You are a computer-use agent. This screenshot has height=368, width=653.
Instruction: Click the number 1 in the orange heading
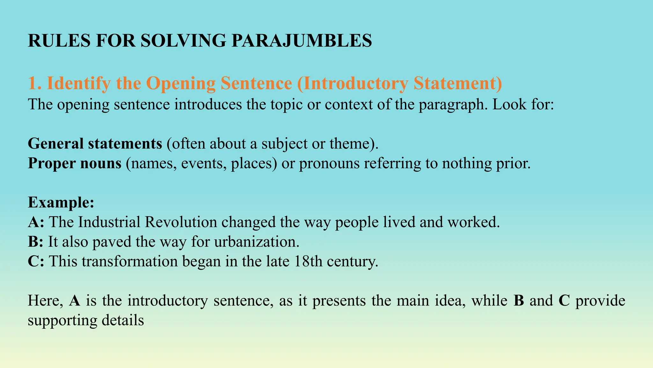click(32, 83)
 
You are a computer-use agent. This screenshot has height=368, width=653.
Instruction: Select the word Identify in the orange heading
click(78, 83)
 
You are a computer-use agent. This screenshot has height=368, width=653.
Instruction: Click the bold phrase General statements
click(95, 143)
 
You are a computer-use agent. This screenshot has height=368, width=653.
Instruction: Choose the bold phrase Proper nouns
click(75, 163)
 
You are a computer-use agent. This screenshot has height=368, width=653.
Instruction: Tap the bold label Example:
click(61, 202)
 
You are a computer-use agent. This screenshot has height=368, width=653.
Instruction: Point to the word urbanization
click(257, 242)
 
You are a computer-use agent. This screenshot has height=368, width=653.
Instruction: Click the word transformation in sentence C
click(129, 261)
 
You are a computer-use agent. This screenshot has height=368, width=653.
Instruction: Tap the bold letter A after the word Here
click(75, 301)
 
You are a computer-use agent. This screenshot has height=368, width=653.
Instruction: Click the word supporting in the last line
click(62, 320)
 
